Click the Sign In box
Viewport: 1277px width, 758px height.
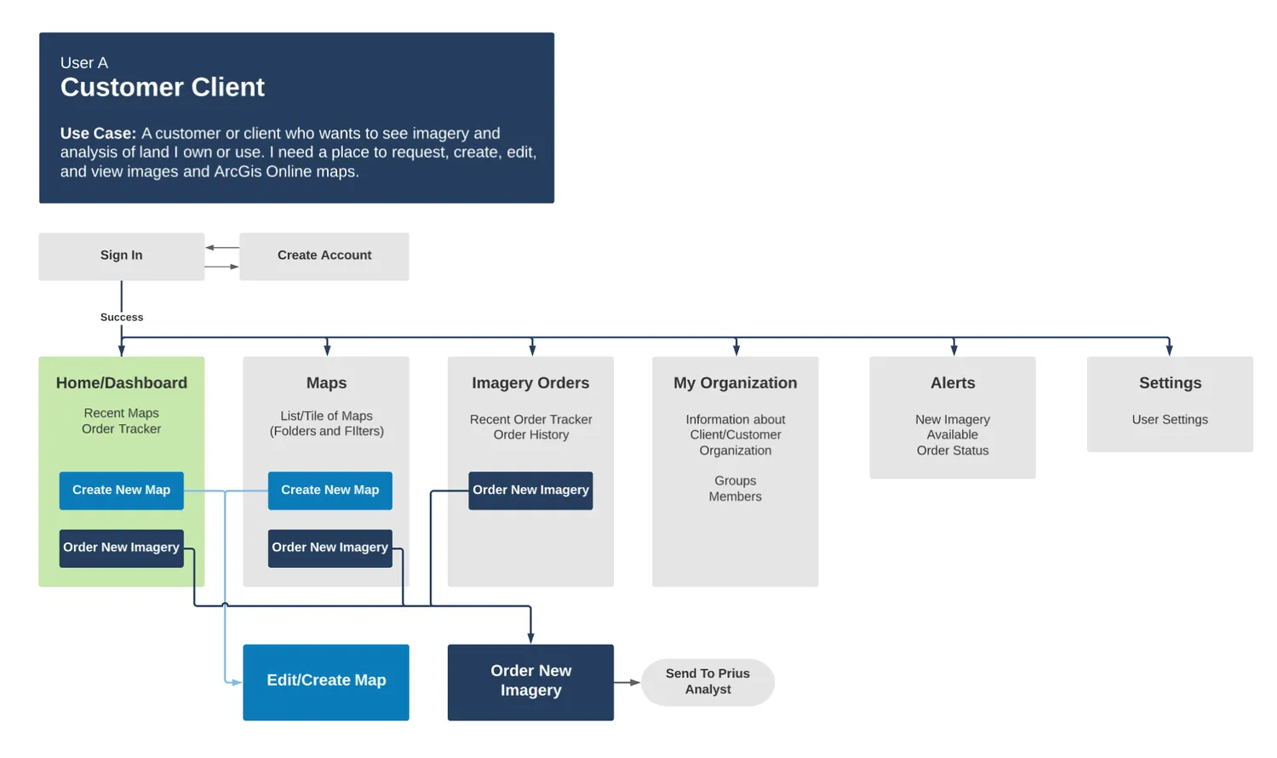pyautogui.click(x=121, y=256)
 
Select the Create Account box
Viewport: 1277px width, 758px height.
pyautogui.click(x=324, y=256)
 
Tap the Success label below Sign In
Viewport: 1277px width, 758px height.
pyautogui.click(x=122, y=317)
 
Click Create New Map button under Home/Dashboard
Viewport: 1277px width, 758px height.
pyautogui.click(x=121, y=491)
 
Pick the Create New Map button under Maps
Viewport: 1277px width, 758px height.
pyautogui.click(x=329, y=491)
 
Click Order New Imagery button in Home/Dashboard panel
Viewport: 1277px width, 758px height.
pyautogui.click(x=121, y=548)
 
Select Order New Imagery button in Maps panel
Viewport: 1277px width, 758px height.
pyautogui.click(x=329, y=548)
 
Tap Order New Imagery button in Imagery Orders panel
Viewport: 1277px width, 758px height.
pyautogui.click(x=530, y=491)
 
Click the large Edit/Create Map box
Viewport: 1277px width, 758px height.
pyautogui.click(x=326, y=681)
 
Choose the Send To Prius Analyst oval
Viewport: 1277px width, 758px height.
pyautogui.click(x=707, y=681)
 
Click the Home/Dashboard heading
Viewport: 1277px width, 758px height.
pyautogui.click(x=122, y=383)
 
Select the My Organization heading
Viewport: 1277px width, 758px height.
pyautogui.click(x=735, y=383)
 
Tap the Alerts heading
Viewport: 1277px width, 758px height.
pyautogui.click(x=953, y=383)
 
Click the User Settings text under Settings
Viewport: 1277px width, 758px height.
pyautogui.click(x=1170, y=420)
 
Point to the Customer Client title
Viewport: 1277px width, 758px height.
pyautogui.click(x=162, y=88)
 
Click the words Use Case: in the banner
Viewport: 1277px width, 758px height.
pyautogui.click(x=98, y=134)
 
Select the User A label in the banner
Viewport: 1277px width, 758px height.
pyautogui.click(x=84, y=63)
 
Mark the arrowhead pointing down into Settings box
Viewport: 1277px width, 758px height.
pyautogui.click(x=1169, y=349)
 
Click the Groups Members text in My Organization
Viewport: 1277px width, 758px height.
pyautogui.click(x=735, y=489)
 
